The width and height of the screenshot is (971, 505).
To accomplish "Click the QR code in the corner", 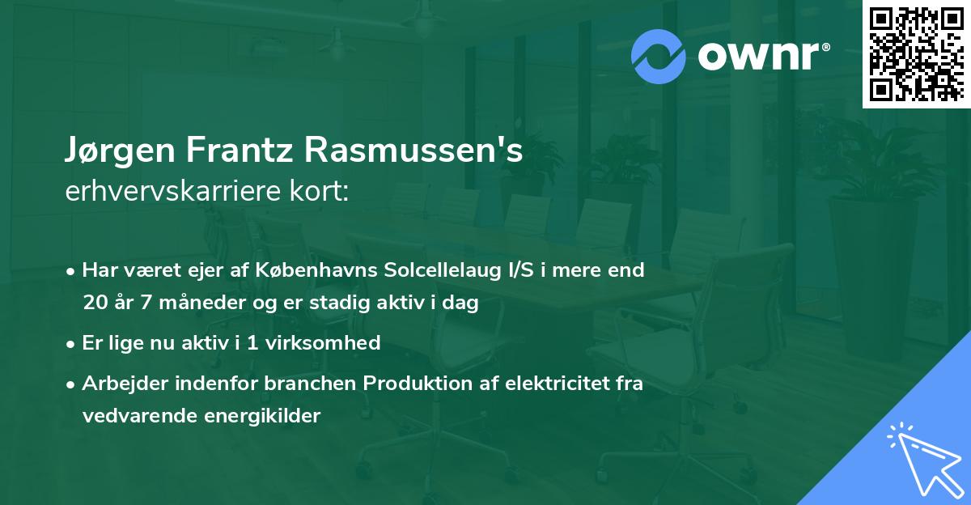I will pyautogui.click(x=917, y=53).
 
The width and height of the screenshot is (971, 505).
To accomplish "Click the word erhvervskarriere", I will pyautogui.click(x=163, y=193).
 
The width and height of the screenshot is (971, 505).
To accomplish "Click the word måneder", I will pyautogui.click(x=189, y=303).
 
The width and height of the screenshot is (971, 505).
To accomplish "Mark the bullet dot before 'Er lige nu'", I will pyautogui.click(x=72, y=344).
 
